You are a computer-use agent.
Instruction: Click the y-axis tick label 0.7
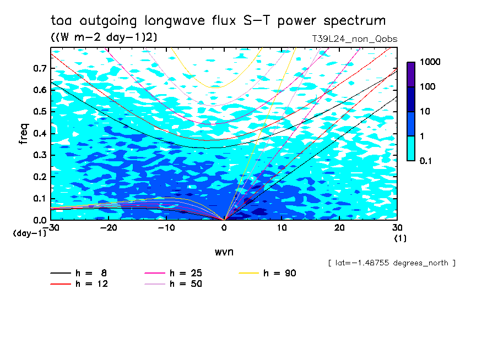click(40, 68)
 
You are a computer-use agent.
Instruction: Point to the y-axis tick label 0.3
click(40, 155)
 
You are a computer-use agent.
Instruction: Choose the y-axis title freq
click(24, 134)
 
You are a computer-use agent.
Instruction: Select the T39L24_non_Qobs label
click(354, 39)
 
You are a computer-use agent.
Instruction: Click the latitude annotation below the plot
click(391, 263)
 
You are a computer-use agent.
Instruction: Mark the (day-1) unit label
click(30, 233)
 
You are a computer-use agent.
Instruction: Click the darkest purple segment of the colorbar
click(411, 74)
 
